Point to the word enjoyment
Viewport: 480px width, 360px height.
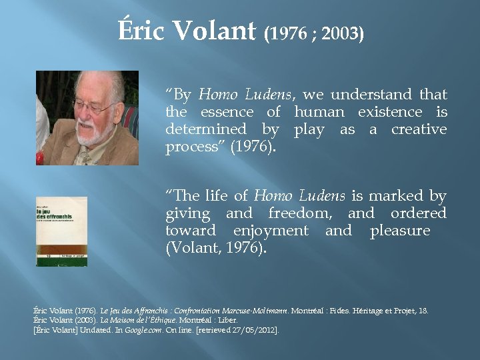tap(271, 231)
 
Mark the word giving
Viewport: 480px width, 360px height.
tap(188, 213)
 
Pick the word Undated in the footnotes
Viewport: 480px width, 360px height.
tap(85, 330)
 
